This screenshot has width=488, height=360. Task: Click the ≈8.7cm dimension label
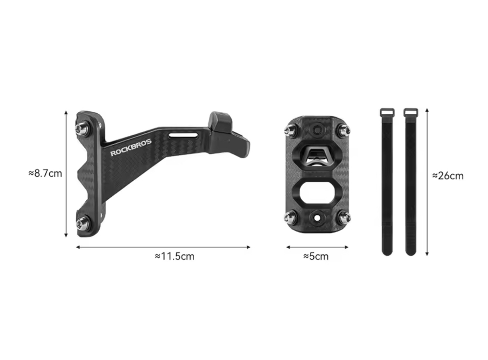pyautogui.click(x=45, y=173)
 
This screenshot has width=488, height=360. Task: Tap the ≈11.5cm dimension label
pyautogui.click(x=175, y=256)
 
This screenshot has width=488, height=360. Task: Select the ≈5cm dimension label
pyautogui.click(x=316, y=256)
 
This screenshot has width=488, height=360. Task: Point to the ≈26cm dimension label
pyautogui.click(x=448, y=176)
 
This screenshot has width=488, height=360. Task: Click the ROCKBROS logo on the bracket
pyautogui.click(x=131, y=147)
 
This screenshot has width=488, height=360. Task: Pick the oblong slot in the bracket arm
pyautogui.click(x=183, y=135)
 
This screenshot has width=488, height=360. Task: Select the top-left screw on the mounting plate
pyautogui.click(x=290, y=129)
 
